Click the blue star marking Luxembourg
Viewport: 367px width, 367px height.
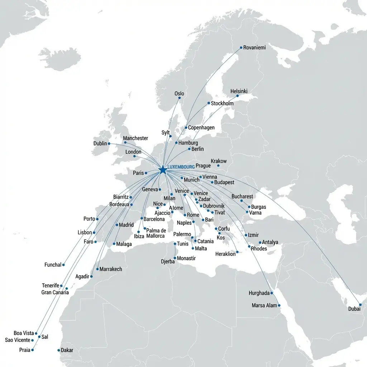(x=162, y=169)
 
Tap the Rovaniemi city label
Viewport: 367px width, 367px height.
(x=254, y=48)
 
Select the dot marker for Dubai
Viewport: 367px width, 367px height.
(x=361, y=305)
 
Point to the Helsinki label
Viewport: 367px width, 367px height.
(x=239, y=91)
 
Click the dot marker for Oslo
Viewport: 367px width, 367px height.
(x=180, y=98)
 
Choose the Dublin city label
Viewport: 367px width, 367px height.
(x=100, y=143)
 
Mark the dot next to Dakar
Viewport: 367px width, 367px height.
(x=58, y=350)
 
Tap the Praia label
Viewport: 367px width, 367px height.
(x=24, y=350)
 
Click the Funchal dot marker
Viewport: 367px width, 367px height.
(x=63, y=265)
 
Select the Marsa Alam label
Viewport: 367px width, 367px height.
(x=264, y=305)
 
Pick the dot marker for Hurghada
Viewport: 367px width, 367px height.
(x=272, y=293)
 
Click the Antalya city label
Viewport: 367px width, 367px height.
(x=270, y=242)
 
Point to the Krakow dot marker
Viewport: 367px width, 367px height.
(x=218, y=166)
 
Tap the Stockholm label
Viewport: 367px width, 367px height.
(x=222, y=104)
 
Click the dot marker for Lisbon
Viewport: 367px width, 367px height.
(x=94, y=233)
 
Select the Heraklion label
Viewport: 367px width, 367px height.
(x=225, y=254)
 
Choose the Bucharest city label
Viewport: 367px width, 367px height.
(x=242, y=196)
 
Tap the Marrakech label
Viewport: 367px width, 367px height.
(x=111, y=269)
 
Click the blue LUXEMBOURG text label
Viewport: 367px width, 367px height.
(x=181, y=167)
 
